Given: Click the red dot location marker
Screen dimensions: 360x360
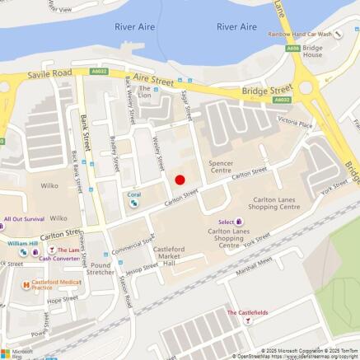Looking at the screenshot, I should pyautogui.click(x=180, y=180).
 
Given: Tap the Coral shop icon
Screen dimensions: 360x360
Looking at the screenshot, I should pyautogui.click(x=133, y=203).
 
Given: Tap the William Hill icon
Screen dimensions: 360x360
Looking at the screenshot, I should pyautogui.click(x=24, y=252).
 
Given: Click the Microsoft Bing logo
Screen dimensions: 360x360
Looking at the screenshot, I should pyautogui.click(x=17, y=352).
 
